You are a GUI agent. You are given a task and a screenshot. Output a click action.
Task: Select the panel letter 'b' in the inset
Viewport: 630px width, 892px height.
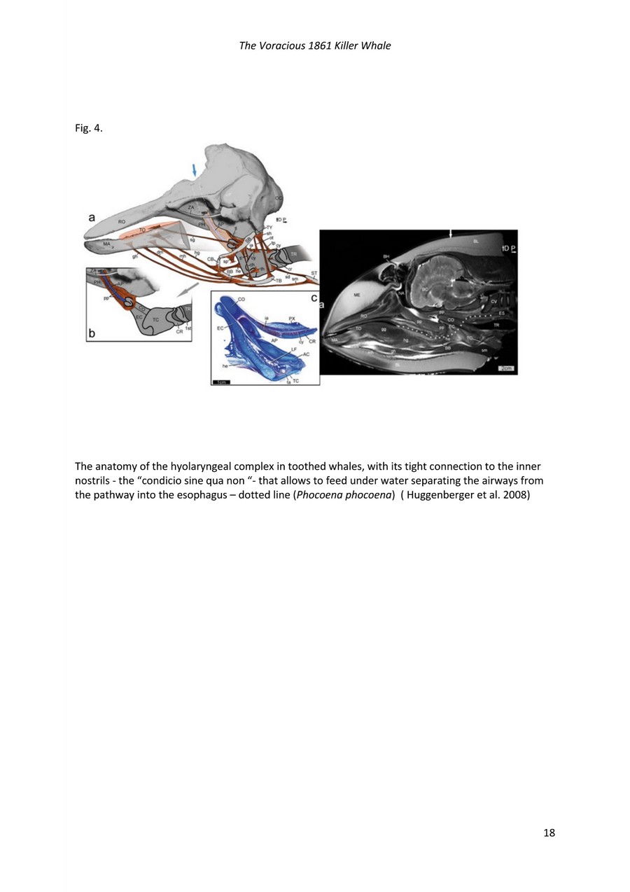click(x=92, y=335)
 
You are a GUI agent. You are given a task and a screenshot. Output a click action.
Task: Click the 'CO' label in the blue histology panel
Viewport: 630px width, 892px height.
click(x=241, y=299)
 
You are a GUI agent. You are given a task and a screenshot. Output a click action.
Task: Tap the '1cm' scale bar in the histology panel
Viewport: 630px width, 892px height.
click(x=222, y=381)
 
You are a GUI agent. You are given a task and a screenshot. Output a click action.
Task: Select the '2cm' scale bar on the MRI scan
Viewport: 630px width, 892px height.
click(x=505, y=368)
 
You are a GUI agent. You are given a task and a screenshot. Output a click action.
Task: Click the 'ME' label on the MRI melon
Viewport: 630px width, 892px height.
click(x=358, y=295)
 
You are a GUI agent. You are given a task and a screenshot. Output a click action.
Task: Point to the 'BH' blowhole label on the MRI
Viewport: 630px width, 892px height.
click(x=386, y=257)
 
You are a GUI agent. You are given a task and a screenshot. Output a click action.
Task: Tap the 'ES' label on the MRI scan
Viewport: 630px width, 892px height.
click(x=502, y=313)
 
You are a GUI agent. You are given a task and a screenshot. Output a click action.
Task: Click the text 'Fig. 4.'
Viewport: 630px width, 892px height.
click(x=89, y=128)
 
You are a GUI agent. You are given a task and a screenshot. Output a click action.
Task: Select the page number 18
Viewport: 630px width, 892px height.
click(x=549, y=832)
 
